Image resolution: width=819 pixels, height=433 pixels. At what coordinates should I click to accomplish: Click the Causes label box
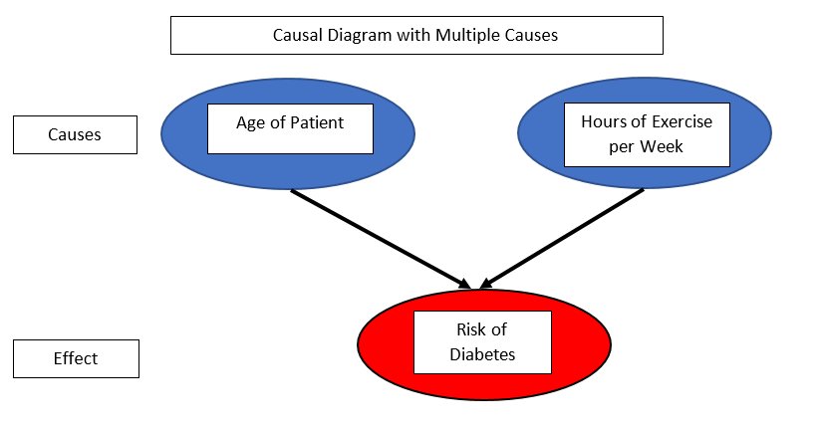click(x=75, y=134)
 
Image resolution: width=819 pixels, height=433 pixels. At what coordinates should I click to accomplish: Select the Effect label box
click(x=77, y=359)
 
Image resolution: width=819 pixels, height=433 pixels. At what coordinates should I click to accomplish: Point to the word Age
click(x=251, y=123)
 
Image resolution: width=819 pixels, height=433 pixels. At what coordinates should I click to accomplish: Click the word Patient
click(x=317, y=122)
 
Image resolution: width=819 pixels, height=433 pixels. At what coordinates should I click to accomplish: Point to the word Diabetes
click(x=482, y=354)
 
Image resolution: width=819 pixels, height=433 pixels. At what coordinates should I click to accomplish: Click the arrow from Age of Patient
click(x=381, y=239)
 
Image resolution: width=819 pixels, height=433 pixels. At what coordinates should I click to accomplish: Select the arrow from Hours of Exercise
click(x=562, y=239)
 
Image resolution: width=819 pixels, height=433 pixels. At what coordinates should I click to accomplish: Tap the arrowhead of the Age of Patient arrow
click(x=465, y=285)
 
